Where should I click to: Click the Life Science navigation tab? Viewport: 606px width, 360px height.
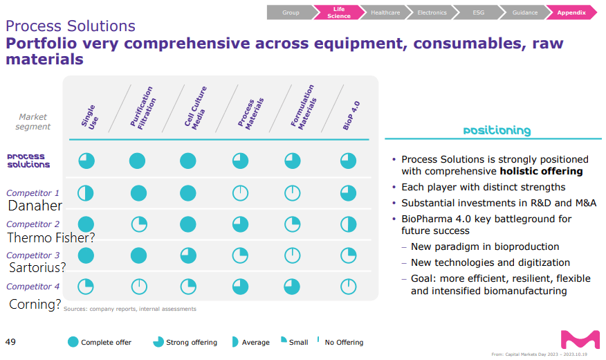pyautogui.click(x=338, y=12)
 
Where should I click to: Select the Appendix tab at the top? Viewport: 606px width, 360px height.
pyautogui.click(x=571, y=12)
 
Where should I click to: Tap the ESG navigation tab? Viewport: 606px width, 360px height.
pyautogui.click(x=477, y=12)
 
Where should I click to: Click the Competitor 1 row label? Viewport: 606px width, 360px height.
pyautogui.click(x=33, y=193)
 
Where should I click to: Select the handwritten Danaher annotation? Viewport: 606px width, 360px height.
pyautogui.click(x=35, y=206)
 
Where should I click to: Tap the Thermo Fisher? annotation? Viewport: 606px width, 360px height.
pyautogui.click(x=51, y=237)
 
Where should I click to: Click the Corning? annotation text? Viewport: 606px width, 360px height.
pyautogui.click(x=35, y=304)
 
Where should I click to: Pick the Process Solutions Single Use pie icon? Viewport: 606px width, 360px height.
pyautogui.click(x=86, y=161)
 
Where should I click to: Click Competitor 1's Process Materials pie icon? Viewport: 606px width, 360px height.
pyautogui.click(x=240, y=193)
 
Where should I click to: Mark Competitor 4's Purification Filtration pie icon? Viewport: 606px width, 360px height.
pyautogui.click(x=138, y=287)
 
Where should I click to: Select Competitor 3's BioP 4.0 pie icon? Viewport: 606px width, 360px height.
pyautogui.click(x=348, y=255)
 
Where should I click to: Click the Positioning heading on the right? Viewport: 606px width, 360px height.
pyautogui.click(x=497, y=130)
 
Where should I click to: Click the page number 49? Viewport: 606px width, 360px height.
pyautogui.click(x=10, y=341)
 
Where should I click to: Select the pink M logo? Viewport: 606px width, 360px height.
pyautogui.click(x=580, y=340)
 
